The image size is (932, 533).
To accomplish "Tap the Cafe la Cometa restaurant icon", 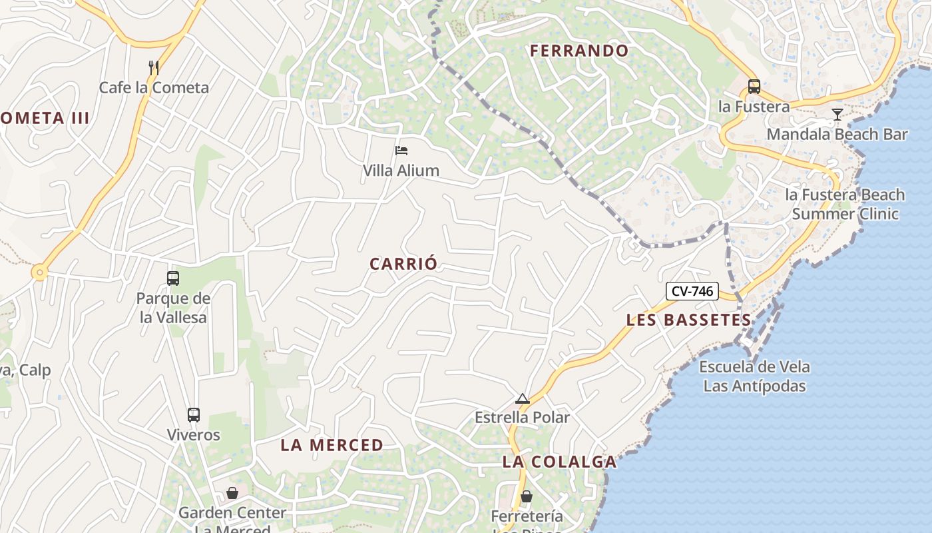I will click(153, 67).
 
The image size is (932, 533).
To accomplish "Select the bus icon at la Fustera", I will click(754, 87).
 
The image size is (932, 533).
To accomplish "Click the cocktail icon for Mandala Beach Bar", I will click(837, 115).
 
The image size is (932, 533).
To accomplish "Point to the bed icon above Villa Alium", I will click(401, 151).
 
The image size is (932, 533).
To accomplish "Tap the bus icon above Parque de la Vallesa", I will click(173, 278).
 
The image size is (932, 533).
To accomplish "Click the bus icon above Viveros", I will click(193, 415).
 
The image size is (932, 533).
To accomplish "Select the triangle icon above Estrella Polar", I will click(523, 398).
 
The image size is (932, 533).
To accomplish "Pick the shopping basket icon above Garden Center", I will click(232, 493).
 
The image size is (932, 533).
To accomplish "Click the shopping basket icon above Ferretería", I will click(526, 496).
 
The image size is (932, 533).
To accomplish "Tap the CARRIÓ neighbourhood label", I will click(403, 264).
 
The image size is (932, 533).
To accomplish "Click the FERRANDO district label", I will click(579, 51).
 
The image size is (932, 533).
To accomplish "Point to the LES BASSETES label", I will click(688, 320).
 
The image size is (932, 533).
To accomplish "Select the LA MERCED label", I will click(332, 445).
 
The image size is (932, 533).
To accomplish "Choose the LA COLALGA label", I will click(559, 462).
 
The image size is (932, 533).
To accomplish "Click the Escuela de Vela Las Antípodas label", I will click(754, 376).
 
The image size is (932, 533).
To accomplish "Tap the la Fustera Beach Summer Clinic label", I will click(845, 204).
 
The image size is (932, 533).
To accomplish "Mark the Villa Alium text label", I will click(401, 171).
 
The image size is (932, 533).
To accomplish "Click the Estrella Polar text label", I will click(522, 418).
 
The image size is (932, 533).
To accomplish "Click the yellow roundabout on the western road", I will click(40, 272).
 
